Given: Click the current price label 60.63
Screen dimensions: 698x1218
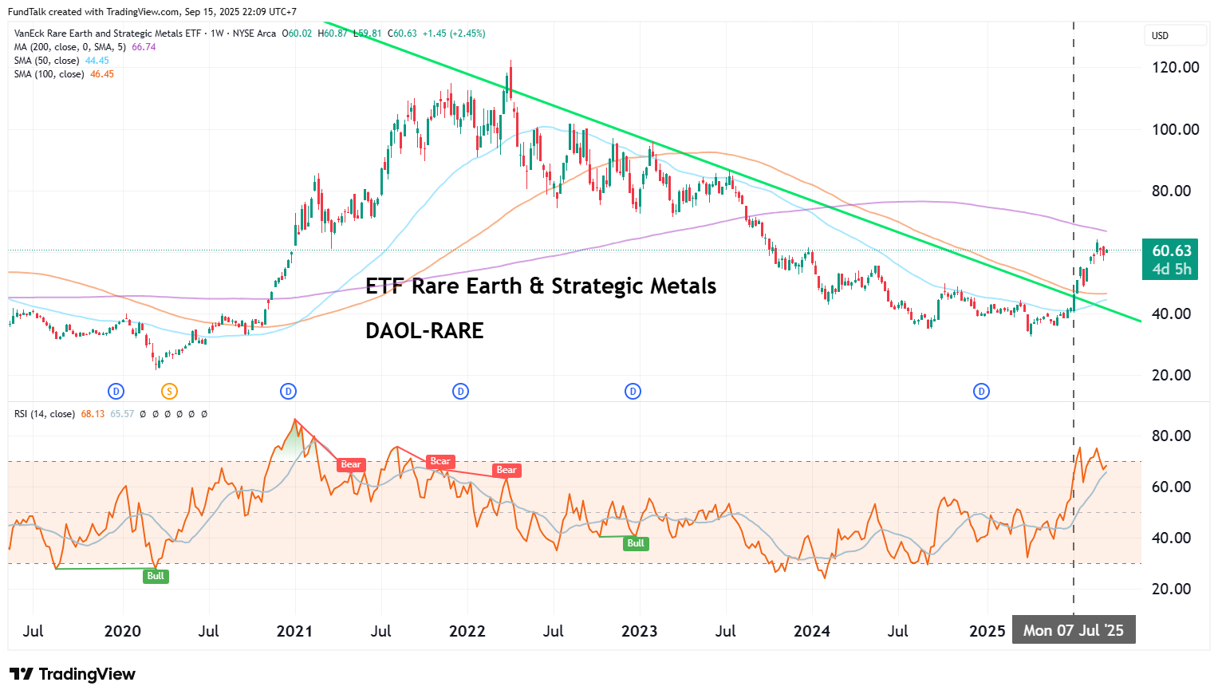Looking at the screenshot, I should [x=1171, y=250].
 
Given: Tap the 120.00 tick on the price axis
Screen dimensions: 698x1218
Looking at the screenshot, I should [x=1175, y=67].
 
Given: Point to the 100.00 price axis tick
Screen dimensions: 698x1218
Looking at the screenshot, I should [x=1175, y=129].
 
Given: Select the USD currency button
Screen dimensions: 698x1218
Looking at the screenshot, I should [x=1161, y=36].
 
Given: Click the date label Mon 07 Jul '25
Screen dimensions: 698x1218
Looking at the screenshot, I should [x=1073, y=630].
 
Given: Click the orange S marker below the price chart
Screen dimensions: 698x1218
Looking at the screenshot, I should [x=169, y=391].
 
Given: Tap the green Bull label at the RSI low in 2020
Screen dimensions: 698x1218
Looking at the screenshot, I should [x=156, y=576].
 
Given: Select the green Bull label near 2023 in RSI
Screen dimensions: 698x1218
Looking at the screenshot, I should [x=635, y=543].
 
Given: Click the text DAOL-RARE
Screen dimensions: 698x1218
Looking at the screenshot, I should [x=424, y=330].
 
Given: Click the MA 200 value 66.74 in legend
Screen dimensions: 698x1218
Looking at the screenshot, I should [x=144, y=47].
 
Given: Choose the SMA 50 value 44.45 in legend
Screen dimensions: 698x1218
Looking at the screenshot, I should [x=97, y=61].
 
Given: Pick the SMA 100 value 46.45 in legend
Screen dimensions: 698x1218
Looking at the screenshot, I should [x=102, y=74].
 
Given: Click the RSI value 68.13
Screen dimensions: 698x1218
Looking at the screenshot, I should [x=93, y=414].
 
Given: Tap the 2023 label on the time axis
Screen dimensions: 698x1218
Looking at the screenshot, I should [x=639, y=631].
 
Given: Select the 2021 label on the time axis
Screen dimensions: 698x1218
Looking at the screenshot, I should [x=294, y=631].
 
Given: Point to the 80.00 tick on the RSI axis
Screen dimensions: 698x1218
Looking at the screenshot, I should [x=1171, y=436].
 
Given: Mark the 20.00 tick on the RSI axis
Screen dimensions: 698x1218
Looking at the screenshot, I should [x=1171, y=589].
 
